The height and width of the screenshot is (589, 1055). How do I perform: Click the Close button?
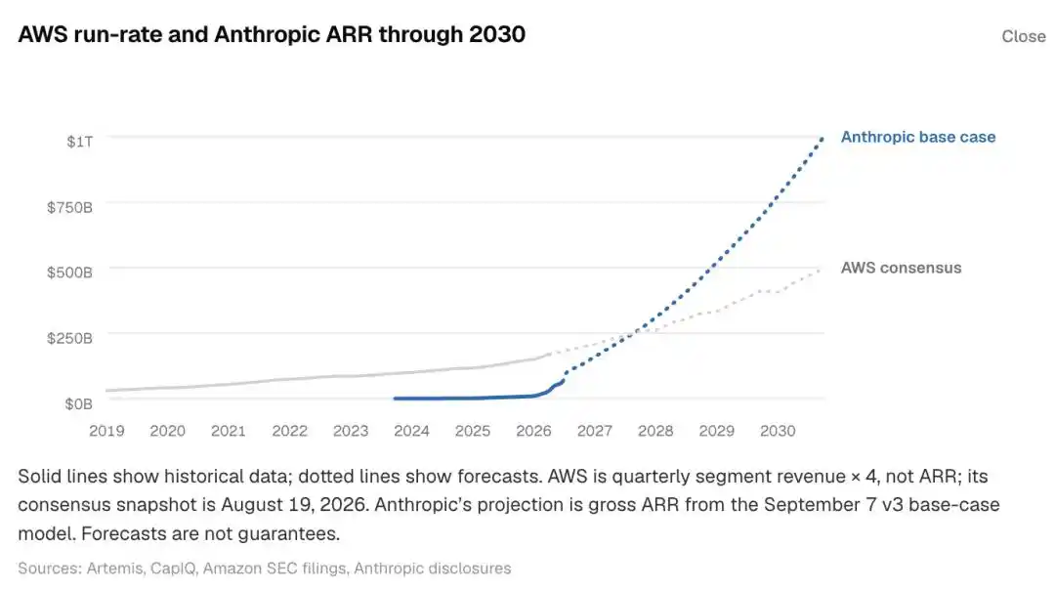pos(1024,36)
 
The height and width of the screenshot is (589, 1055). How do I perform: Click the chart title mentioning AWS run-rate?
pos(272,34)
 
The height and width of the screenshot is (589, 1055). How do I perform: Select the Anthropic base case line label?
pos(917,137)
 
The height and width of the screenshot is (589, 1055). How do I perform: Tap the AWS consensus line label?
pos(901,268)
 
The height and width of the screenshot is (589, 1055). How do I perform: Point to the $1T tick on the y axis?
pos(79,142)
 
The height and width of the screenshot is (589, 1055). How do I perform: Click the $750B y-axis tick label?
pos(69,207)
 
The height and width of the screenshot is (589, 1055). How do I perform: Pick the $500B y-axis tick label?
pos(69,272)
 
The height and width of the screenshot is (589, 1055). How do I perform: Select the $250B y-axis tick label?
pos(69,338)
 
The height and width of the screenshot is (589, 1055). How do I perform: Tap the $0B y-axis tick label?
pos(79,403)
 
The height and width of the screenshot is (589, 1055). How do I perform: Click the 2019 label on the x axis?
pos(106,431)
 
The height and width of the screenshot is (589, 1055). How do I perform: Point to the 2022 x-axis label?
pos(289,431)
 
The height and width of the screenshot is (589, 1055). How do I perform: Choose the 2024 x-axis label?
pos(411,431)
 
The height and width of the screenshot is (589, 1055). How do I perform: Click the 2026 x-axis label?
pos(533,431)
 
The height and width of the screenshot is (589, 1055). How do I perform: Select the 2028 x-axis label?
pos(655,431)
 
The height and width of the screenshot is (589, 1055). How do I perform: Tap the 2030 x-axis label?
pos(778,431)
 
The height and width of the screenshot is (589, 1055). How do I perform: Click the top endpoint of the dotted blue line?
pos(822,139)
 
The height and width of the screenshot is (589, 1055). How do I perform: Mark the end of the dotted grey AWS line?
pos(821,270)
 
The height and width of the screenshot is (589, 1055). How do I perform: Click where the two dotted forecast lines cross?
pos(635,332)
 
